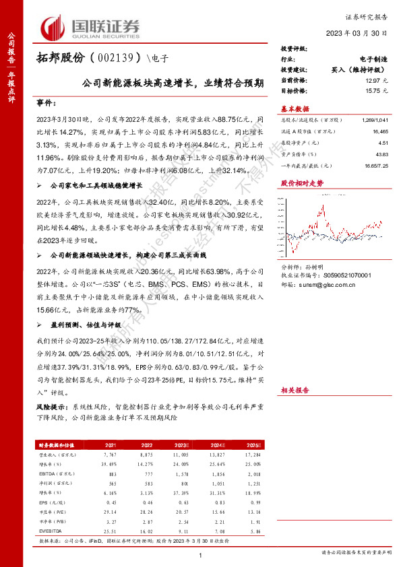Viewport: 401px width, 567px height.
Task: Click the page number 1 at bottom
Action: coord(201,554)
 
